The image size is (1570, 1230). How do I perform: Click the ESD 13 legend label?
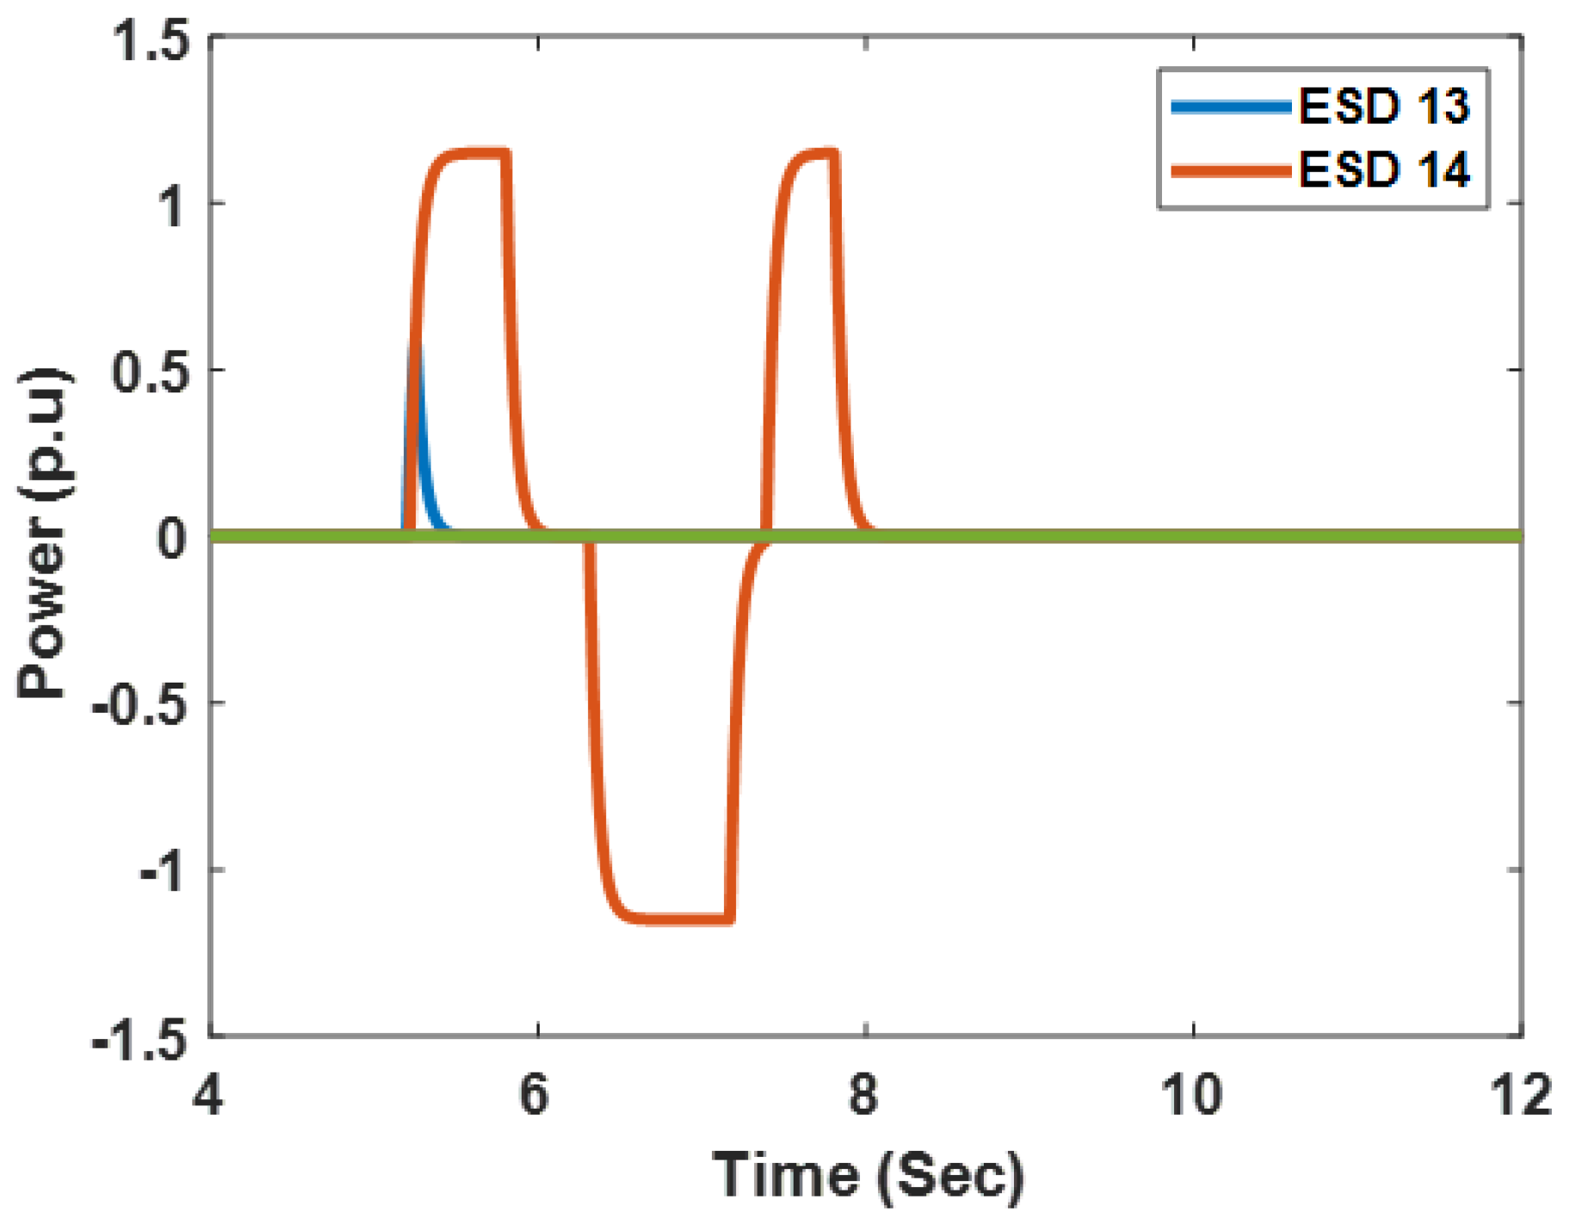click(x=1383, y=107)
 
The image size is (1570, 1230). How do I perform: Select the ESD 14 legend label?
click(x=1383, y=170)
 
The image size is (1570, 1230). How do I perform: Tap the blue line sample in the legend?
click(x=1231, y=108)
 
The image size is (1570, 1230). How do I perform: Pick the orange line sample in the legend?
click(x=1231, y=170)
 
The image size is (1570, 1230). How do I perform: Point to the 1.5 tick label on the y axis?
click(x=151, y=41)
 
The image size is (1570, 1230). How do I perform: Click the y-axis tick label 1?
click(x=172, y=207)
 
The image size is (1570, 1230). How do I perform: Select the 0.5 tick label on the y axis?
click(x=151, y=372)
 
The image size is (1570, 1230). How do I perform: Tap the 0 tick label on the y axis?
click(x=171, y=539)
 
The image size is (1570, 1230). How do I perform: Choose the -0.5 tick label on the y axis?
click(x=142, y=706)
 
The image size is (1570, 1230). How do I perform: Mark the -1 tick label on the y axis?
click(x=162, y=873)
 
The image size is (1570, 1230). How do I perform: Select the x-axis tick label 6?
click(x=535, y=1097)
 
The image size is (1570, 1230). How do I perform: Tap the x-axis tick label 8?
click(x=863, y=1097)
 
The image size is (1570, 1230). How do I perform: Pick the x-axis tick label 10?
click(x=1192, y=1097)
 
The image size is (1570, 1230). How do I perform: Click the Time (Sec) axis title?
click(x=868, y=1176)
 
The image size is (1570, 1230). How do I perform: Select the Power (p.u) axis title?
click(x=43, y=534)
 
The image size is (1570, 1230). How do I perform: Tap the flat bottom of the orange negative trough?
click(x=680, y=919)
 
